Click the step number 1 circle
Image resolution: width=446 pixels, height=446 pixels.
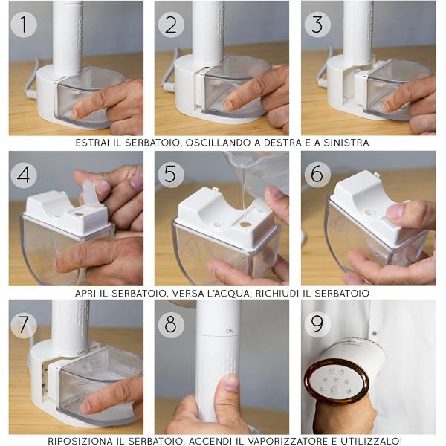click(24, 25)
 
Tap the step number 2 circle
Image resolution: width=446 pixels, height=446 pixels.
click(171, 25)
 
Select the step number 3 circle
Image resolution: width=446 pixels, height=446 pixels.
click(317, 25)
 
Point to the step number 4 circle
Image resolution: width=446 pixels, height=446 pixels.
click(24, 175)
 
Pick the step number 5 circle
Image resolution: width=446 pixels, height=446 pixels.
click(171, 174)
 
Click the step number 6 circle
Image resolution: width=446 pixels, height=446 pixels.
click(317, 174)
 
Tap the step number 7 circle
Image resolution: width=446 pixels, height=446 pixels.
click(24, 325)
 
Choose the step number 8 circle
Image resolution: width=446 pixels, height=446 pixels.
click(171, 325)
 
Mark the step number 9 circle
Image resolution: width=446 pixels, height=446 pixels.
click(317, 325)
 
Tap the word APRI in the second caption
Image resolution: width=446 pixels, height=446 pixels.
click(85, 293)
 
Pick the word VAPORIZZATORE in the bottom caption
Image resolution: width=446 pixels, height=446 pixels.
click(287, 441)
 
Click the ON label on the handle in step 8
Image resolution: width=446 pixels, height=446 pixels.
click(230, 331)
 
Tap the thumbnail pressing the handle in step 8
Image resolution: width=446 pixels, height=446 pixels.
click(231, 383)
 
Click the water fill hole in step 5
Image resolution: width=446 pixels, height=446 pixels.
click(245, 224)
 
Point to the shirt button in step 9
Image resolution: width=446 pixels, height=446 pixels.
click(375, 333)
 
